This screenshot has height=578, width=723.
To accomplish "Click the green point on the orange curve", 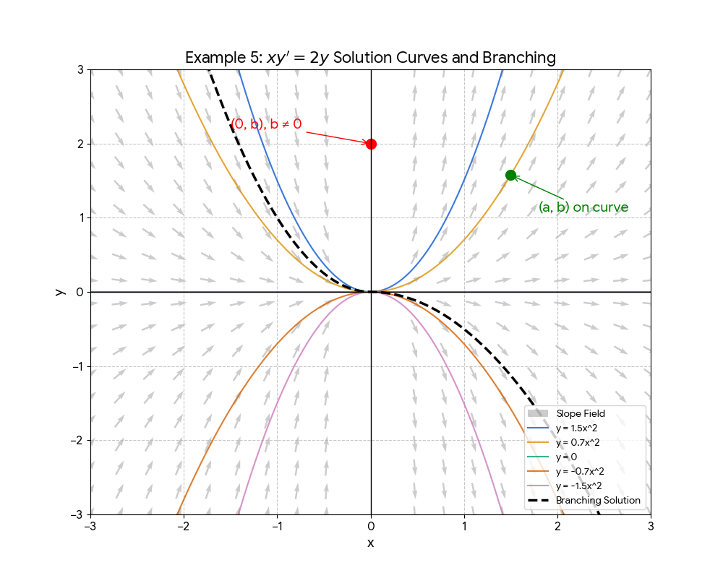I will (510, 175).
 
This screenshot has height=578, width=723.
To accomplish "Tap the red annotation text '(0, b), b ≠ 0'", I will (267, 124).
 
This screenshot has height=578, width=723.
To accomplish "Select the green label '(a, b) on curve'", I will (583, 208).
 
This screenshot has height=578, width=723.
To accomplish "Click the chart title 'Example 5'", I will (370, 58).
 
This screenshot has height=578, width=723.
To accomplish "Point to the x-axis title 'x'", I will (371, 543).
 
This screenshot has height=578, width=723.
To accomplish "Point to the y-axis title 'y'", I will (61, 292).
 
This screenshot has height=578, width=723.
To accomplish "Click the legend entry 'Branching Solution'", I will (598, 500).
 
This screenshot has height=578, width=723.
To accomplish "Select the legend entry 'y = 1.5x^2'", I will (578, 428).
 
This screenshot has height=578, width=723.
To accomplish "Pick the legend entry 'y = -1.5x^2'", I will (579, 486).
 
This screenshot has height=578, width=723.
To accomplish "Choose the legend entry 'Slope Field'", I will (581, 413).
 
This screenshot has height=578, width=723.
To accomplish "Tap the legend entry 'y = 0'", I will (567, 457).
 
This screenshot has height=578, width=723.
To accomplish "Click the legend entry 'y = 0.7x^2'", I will (578, 442).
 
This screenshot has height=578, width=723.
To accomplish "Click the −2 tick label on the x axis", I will (184, 527).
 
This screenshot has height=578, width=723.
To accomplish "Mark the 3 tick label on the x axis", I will (651, 527).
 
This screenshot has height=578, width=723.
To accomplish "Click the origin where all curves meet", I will (371, 292).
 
